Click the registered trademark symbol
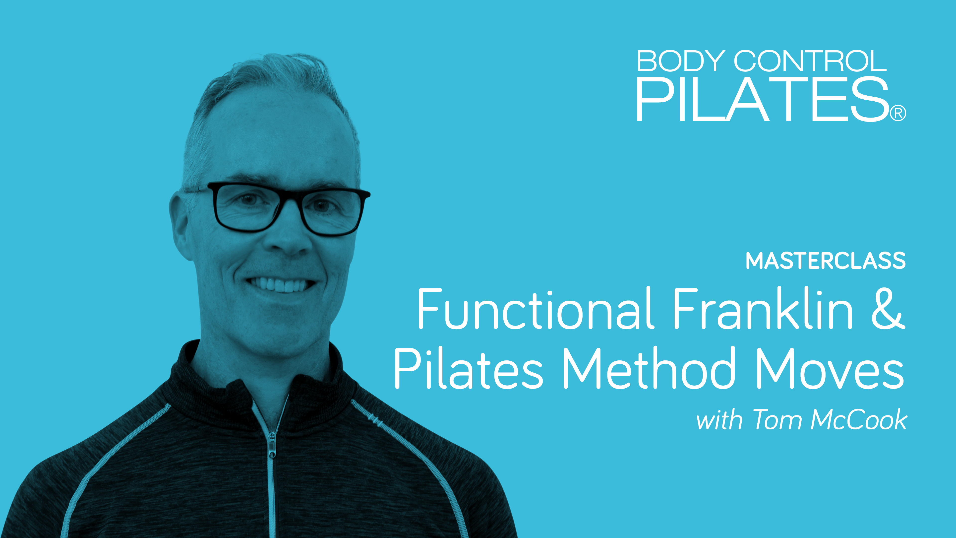898,114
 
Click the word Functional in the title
535,309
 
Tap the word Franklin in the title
762,309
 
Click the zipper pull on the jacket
272,446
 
